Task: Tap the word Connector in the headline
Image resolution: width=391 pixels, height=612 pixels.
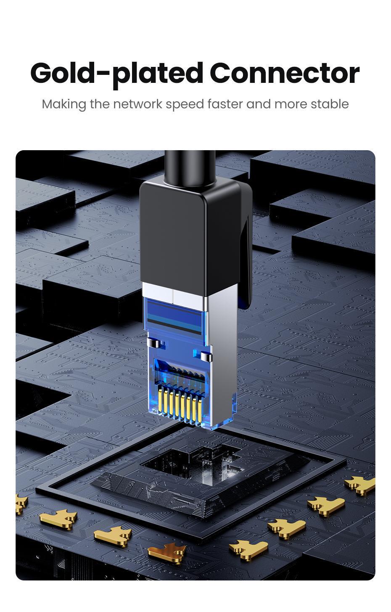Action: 284,73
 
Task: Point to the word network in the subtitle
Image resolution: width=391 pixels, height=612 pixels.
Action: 138,104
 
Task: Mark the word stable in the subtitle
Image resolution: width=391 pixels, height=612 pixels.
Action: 330,104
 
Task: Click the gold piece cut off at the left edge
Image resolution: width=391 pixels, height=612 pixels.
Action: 20,503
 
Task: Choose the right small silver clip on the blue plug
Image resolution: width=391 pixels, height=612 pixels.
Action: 205,357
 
